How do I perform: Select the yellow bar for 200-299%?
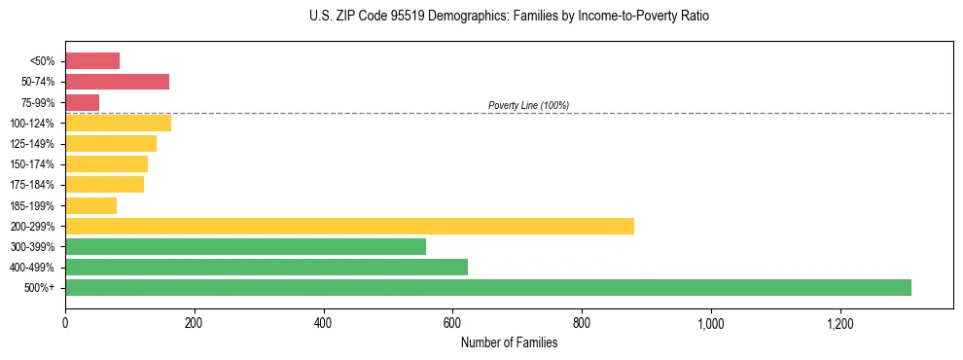tap(349, 226)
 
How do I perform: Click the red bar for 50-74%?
tap(117, 82)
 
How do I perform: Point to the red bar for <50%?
tap(92, 61)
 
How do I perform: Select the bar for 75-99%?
tap(82, 102)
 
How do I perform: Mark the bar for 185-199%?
tap(90, 205)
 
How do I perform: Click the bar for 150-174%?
tap(106, 163)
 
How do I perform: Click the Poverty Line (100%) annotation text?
tap(528, 105)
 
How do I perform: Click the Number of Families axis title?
tap(509, 342)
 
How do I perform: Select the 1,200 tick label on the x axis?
tap(839, 322)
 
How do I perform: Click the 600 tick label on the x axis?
tap(452, 322)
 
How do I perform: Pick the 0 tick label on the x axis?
tap(65, 322)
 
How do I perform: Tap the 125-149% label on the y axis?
tap(33, 144)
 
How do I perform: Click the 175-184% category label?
tap(33, 185)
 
